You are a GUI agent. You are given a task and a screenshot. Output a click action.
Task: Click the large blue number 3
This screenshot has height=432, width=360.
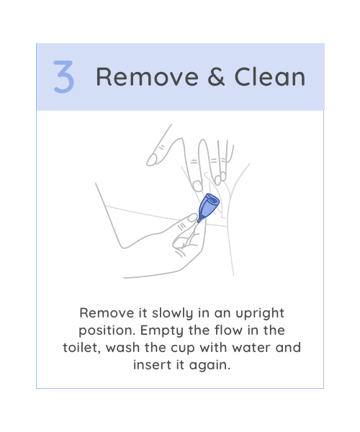point(63,76)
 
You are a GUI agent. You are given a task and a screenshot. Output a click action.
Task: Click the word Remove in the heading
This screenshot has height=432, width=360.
point(147,77)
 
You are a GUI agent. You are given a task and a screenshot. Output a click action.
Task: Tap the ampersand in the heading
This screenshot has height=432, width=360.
point(216,77)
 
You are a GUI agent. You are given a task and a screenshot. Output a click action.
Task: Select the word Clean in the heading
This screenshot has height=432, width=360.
point(270,76)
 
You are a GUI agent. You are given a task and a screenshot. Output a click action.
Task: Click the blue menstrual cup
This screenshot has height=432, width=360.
point(208,207)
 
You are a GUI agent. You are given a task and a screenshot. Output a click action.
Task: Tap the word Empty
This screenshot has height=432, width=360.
point(162,330)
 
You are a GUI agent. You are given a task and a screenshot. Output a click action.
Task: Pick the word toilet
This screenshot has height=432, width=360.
point(81,348)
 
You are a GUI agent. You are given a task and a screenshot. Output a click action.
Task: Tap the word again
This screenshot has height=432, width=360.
point(210,366)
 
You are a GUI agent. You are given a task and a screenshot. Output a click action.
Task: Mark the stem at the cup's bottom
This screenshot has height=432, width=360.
point(199,220)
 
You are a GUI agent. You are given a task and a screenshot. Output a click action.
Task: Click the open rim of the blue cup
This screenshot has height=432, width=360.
point(213,199)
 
